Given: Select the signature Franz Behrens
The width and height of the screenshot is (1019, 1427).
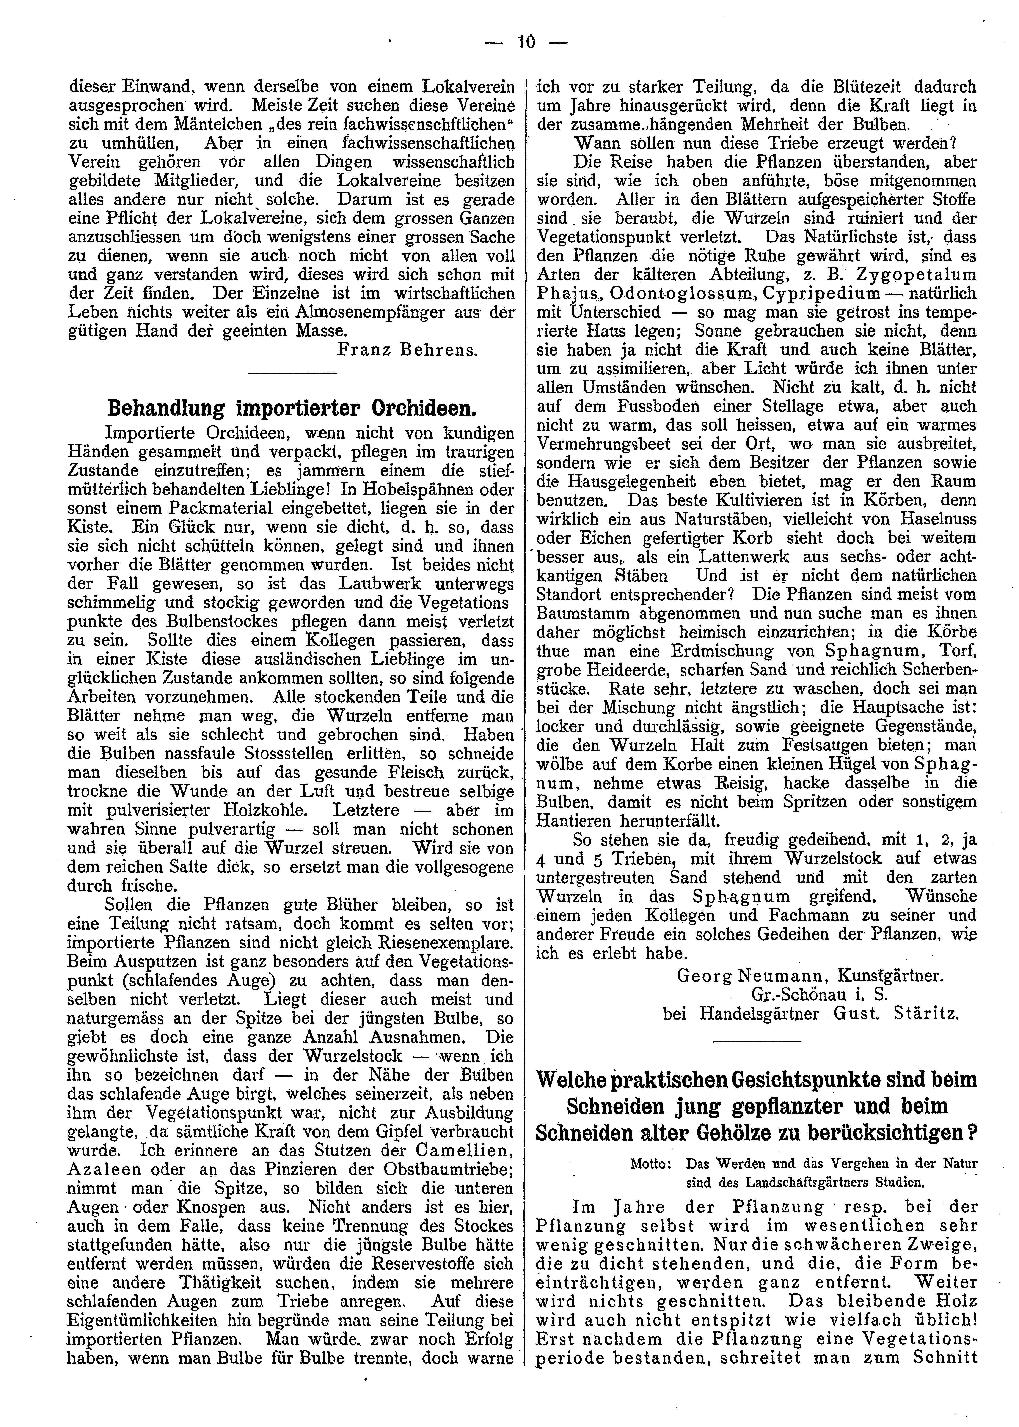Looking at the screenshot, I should point(408,349).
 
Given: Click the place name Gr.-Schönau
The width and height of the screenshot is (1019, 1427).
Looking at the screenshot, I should point(797,995).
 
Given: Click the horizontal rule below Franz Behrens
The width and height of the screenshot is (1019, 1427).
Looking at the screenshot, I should point(292,375).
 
